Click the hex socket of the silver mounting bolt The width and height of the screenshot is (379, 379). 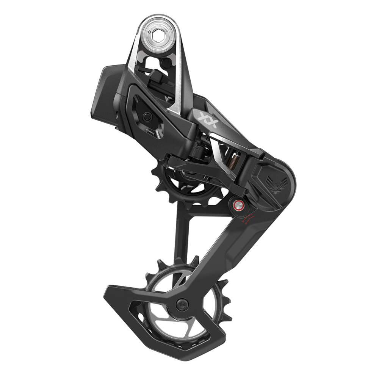(160, 31)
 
